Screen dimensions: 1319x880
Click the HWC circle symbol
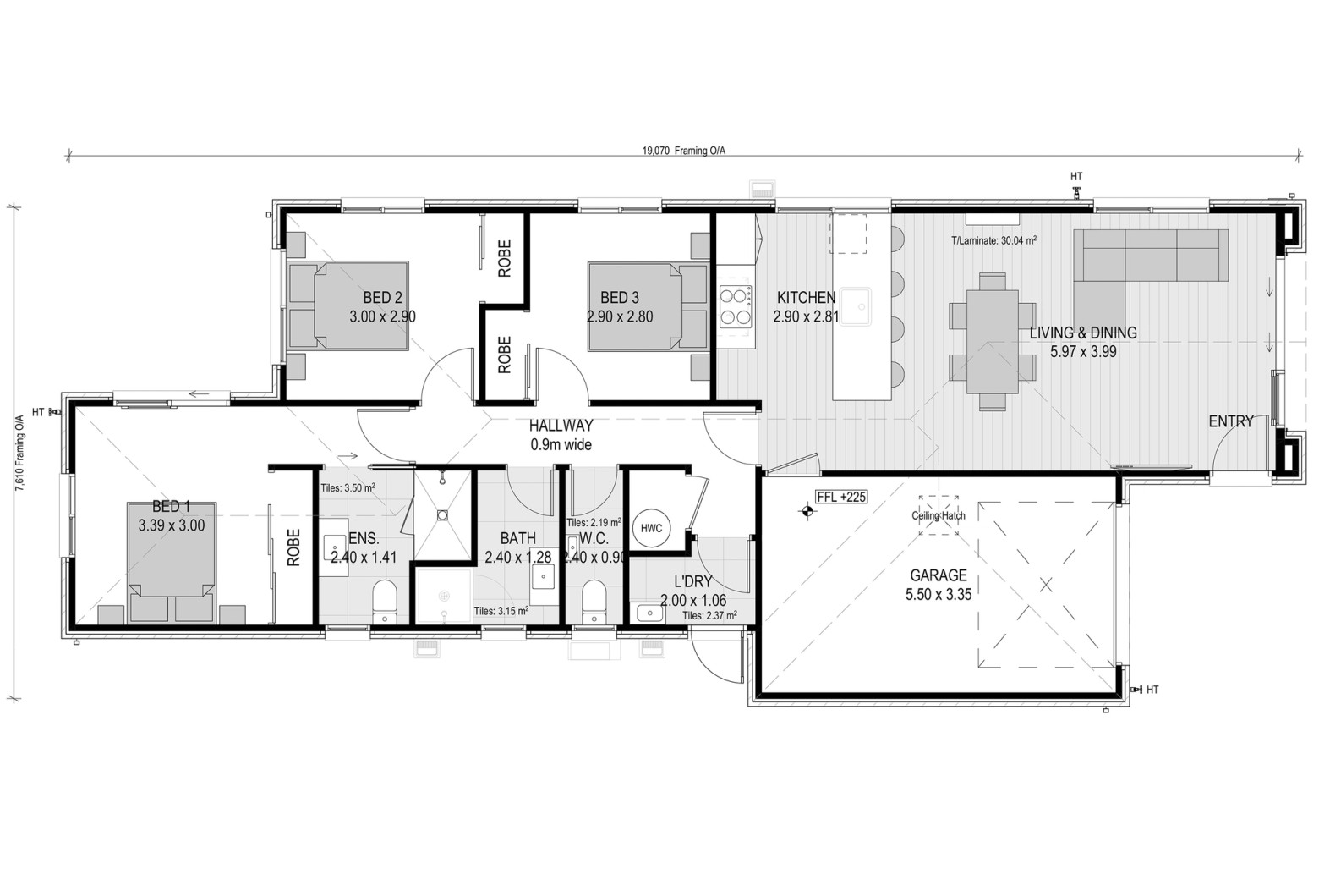click(651, 528)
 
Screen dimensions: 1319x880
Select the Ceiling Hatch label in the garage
click(939, 516)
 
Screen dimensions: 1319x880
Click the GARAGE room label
click(939, 575)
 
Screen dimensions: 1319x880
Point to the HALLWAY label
click(561, 426)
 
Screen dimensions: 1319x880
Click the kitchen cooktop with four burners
click(736, 306)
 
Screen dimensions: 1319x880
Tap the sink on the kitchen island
click(856, 306)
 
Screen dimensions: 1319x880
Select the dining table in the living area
click(992, 342)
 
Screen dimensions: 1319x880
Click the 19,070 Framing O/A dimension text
click(684, 151)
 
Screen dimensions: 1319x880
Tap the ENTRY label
click(1231, 421)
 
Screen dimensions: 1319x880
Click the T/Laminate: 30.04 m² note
click(994, 240)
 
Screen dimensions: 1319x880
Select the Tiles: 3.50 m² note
click(348, 488)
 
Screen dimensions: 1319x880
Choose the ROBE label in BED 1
click(293, 547)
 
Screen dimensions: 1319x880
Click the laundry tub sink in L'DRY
click(650, 613)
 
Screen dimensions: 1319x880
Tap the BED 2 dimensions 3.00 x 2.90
click(383, 316)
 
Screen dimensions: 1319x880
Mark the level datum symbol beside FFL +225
click(807, 511)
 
